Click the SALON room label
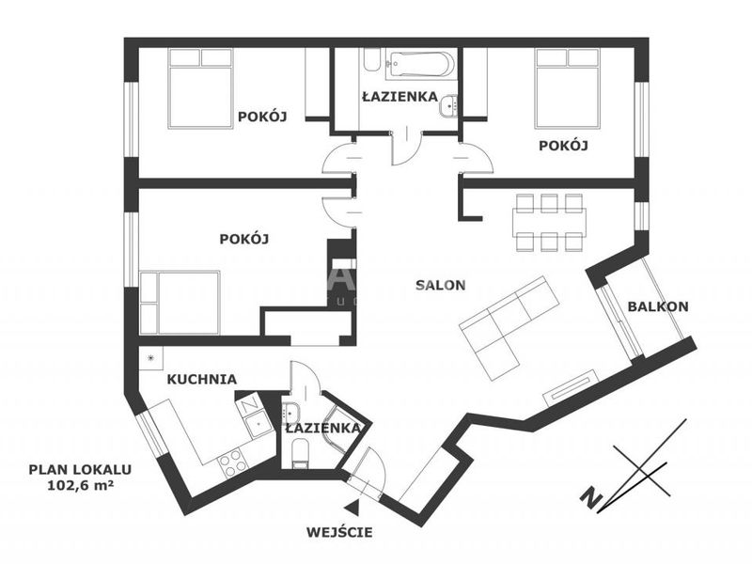440,286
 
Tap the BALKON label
658,306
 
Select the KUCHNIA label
201,380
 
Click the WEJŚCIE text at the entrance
339,532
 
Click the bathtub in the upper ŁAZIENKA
419,65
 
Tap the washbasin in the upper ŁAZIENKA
448,105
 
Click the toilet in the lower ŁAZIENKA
300,455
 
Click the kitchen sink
258,423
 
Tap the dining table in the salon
549,222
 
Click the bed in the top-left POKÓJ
200,88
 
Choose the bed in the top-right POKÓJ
568,88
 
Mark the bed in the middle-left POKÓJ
180,303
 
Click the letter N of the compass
592,497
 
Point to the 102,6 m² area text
81,485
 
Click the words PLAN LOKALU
80,469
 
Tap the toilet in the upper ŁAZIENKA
371,60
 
